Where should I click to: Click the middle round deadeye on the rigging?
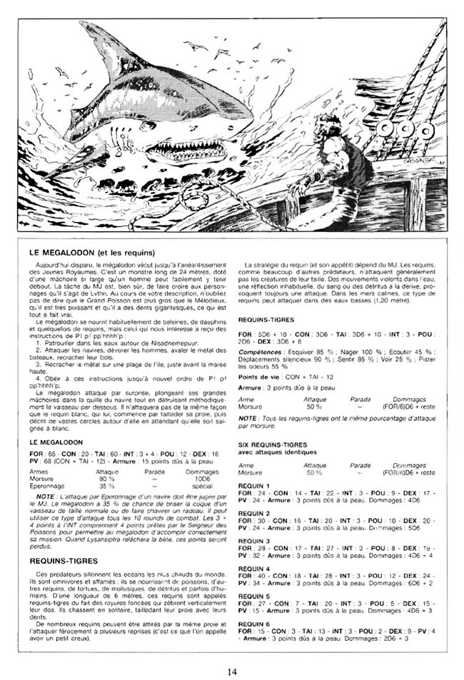tap(408, 129)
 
